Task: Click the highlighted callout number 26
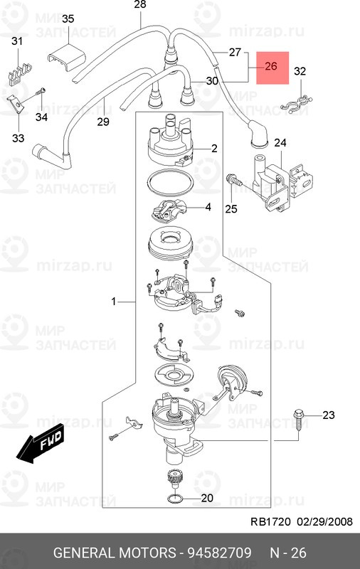click(271, 66)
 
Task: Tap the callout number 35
click(68, 19)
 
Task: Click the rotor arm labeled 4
click(169, 209)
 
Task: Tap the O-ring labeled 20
click(176, 499)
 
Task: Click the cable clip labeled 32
click(297, 104)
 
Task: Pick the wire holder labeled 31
click(19, 73)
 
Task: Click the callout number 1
click(114, 301)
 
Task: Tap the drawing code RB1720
click(271, 522)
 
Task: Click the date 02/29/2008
click(325, 522)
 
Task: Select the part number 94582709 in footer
click(219, 553)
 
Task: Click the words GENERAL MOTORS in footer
click(115, 553)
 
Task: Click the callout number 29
click(103, 121)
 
